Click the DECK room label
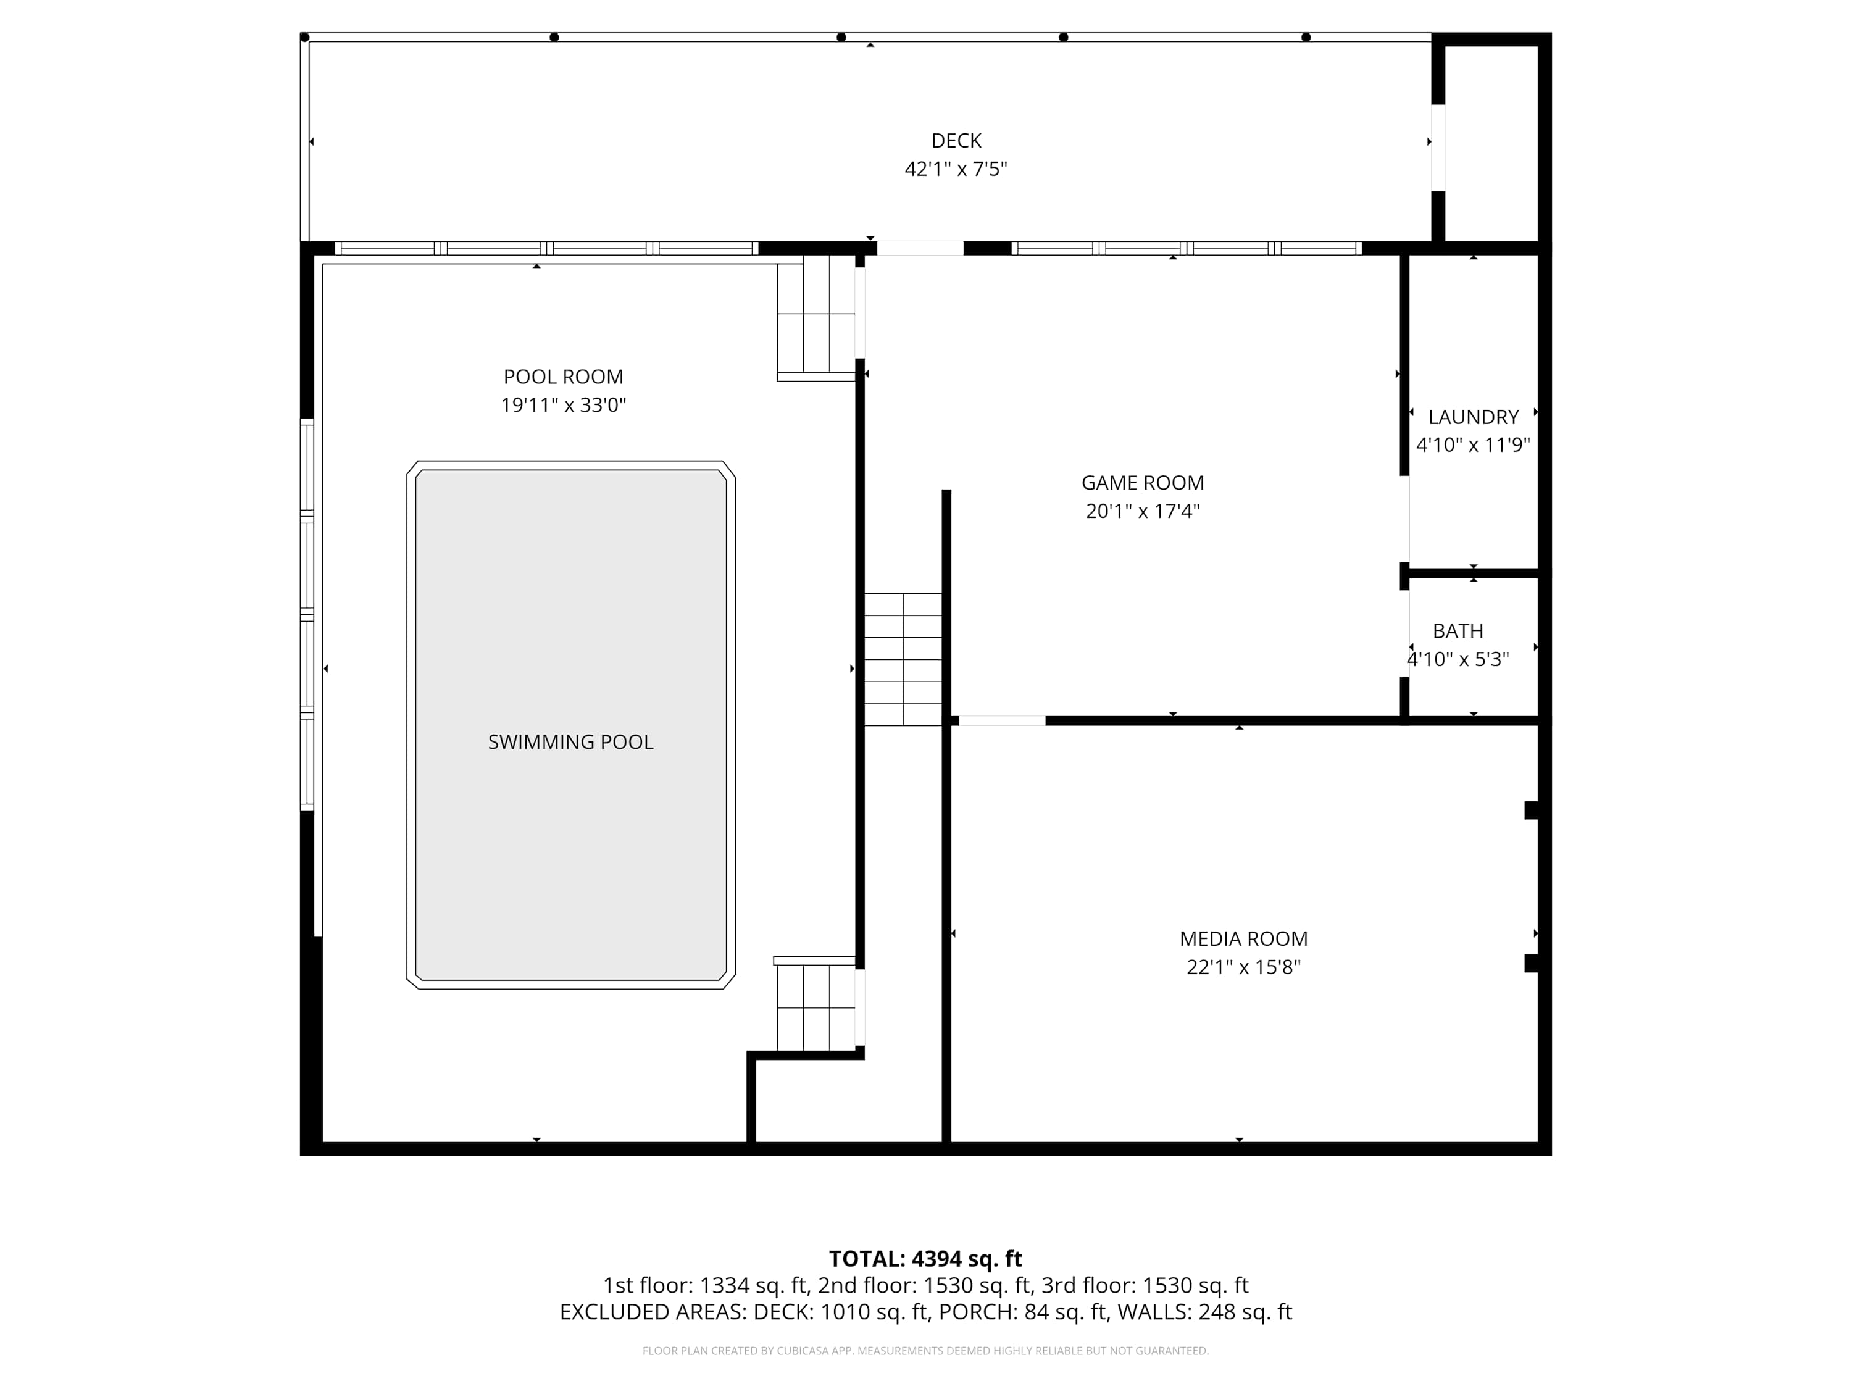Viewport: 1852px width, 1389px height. (x=956, y=141)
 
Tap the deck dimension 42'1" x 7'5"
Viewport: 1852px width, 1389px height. (x=956, y=169)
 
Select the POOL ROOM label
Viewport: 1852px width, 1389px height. (x=564, y=377)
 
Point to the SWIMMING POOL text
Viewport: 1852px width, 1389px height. (x=570, y=742)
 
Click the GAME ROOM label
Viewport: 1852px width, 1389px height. (x=1143, y=483)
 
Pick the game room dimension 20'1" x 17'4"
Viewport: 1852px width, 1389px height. (x=1143, y=511)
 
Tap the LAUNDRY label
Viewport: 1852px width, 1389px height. (x=1474, y=417)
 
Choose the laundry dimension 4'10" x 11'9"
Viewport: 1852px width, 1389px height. (x=1474, y=444)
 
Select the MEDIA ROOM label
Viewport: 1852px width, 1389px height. (x=1243, y=940)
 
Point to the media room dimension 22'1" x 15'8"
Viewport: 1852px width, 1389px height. (x=1243, y=967)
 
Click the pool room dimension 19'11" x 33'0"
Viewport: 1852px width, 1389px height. (x=564, y=405)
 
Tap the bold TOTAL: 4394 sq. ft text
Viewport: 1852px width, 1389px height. (x=925, y=1258)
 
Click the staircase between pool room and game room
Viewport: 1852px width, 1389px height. (x=903, y=660)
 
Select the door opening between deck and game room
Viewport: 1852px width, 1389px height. (x=920, y=248)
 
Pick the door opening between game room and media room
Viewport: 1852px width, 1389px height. (x=1002, y=721)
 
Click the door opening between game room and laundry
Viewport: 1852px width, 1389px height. (x=1405, y=520)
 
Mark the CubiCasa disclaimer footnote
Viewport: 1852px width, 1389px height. (x=925, y=1351)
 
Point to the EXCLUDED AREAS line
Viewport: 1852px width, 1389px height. (x=925, y=1312)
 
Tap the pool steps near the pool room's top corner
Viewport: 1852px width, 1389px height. (x=816, y=318)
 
